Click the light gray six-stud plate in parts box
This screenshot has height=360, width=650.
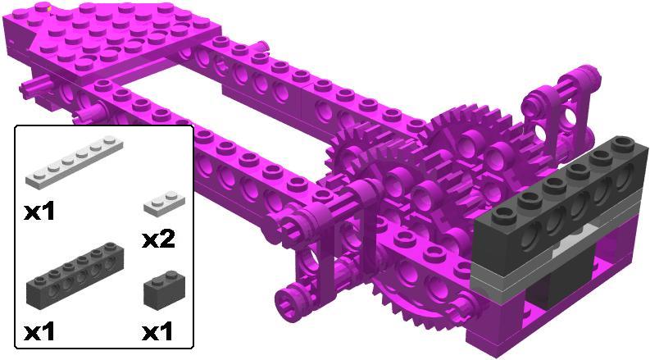pos(75,162)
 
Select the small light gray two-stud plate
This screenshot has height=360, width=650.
pos(164,203)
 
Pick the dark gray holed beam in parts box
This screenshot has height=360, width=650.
pos(75,276)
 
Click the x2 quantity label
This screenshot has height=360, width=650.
pos(158,239)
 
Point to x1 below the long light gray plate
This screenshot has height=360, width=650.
pos(39,212)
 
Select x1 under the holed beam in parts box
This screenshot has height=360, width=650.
pos(39,332)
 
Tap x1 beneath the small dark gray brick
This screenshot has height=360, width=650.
pos(157,332)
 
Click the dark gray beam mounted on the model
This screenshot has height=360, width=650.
pos(561,204)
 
